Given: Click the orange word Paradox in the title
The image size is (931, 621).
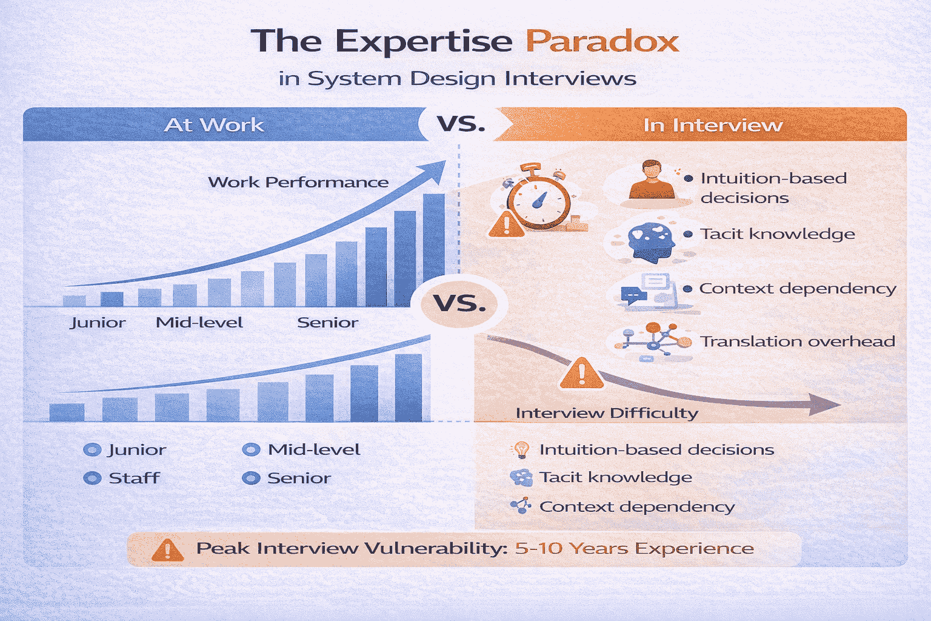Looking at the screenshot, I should click(601, 41).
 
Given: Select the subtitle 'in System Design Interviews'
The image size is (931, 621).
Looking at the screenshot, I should click(458, 79).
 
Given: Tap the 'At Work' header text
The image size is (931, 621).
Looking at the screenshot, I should click(214, 125).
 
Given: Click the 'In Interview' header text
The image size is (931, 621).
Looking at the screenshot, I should click(713, 125).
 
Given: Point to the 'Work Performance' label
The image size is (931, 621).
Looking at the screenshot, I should click(298, 182).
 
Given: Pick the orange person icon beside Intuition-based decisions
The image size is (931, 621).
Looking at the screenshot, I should click(652, 180).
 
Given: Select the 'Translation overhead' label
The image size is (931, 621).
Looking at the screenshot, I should click(798, 341).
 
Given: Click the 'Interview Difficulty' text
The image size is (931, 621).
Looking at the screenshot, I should click(607, 413).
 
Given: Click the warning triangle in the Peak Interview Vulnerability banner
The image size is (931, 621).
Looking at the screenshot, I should click(167, 549).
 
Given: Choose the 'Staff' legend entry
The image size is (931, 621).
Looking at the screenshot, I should click(134, 478).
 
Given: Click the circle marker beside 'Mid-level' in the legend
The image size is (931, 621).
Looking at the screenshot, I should click(251, 449).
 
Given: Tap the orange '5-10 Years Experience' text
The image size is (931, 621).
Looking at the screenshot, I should click(634, 548).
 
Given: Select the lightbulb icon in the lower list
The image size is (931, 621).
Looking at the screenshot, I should click(521, 449).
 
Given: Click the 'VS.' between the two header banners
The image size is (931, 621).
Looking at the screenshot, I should click(461, 124).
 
